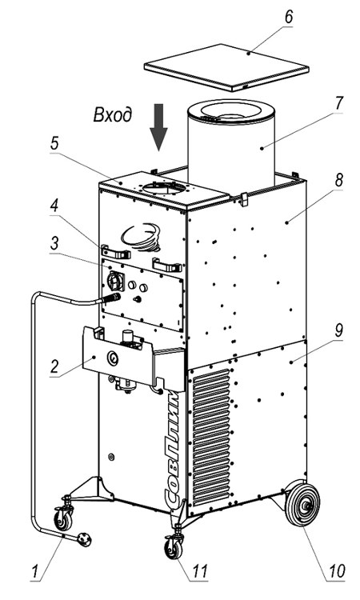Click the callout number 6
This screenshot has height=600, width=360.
pyautogui.click(x=289, y=17)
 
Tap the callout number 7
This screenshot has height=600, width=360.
pyautogui.click(x=338, y=103)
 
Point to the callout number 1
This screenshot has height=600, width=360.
pyautogui.click(x=35, y=571)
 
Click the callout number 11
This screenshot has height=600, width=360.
pyautogui.click(x=199, y=570)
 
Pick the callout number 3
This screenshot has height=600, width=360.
pyautogui.click(x=54, y=242)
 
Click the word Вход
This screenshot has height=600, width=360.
pyautogui.click(x=113, y=114)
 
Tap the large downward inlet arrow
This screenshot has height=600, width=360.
pyautogui.click(x=158, y=127)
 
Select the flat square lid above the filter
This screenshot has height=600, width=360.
pyautogui.click(x=226, y=67)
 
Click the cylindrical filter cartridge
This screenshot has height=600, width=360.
pyautogui.click(x=231, y=146)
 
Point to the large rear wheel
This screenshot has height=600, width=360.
pyautogui.click(x=303, y=503)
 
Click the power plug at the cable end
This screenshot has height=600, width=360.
pyautogui.click(x=84, y=539)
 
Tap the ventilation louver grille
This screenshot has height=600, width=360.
pyautogui.click(x=211, y=436)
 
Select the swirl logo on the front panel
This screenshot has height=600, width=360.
pyautogui.click(x=141, y=237)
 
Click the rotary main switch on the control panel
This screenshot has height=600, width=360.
pyautogui.click(x=114, y=282)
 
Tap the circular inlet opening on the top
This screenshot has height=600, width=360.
pyautogui.click(x=165, y=187)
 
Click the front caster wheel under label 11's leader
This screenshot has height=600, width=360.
pyautogui.click(x=174, y=548)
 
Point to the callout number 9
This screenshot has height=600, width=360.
pyautogui.click(x=338, y=331)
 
